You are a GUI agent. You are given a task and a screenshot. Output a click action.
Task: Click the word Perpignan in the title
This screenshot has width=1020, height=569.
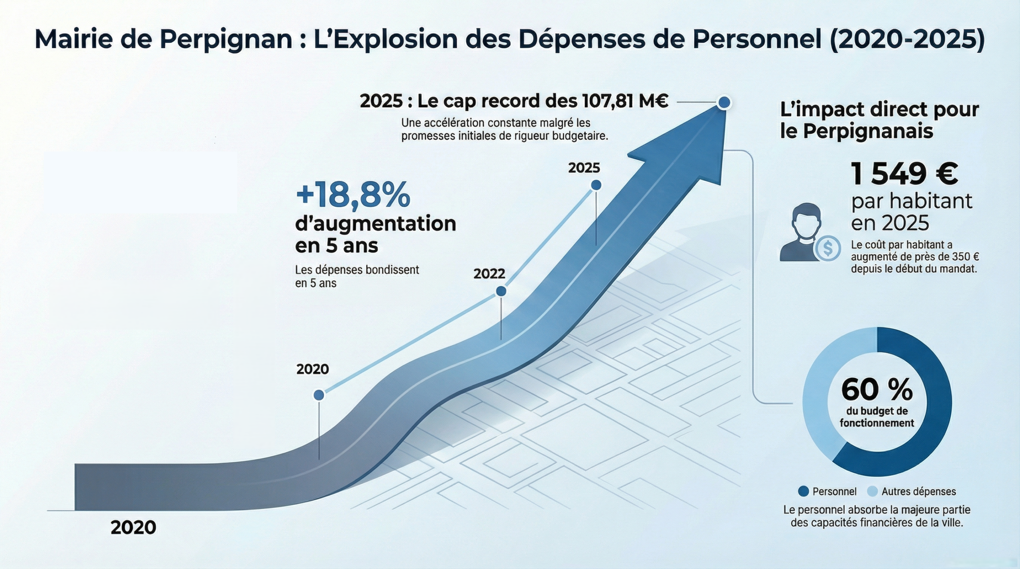tap(226, 39)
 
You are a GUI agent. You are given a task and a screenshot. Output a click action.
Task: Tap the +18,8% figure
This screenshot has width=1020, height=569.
tap(353, 195)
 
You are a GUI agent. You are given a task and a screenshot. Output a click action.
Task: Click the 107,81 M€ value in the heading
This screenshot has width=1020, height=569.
tap(625, 101)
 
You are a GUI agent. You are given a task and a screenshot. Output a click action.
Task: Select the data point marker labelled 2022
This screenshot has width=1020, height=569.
tap(501, 291)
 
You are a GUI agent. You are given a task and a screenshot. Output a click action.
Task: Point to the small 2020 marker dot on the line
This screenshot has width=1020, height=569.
tap(319, 395)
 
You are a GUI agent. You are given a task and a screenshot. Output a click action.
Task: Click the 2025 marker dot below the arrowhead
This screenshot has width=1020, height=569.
tap(596, 185)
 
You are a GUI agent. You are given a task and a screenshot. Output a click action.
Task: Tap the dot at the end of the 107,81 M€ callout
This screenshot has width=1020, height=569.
tap(724, 103)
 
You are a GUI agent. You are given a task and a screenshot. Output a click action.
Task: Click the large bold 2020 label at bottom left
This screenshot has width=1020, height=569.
tap(133, 527)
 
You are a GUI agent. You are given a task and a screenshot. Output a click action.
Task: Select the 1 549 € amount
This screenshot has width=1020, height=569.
tap(904, 174)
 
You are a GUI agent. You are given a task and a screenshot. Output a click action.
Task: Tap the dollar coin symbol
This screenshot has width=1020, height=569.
tap(828, 248)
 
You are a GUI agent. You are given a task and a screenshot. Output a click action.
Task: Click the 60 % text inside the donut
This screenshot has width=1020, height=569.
tap(877, 390)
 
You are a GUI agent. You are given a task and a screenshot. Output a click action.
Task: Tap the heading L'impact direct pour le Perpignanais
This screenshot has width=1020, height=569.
tap(879, 120)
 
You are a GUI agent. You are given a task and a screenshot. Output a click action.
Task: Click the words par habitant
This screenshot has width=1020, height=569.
tap(912, 201)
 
